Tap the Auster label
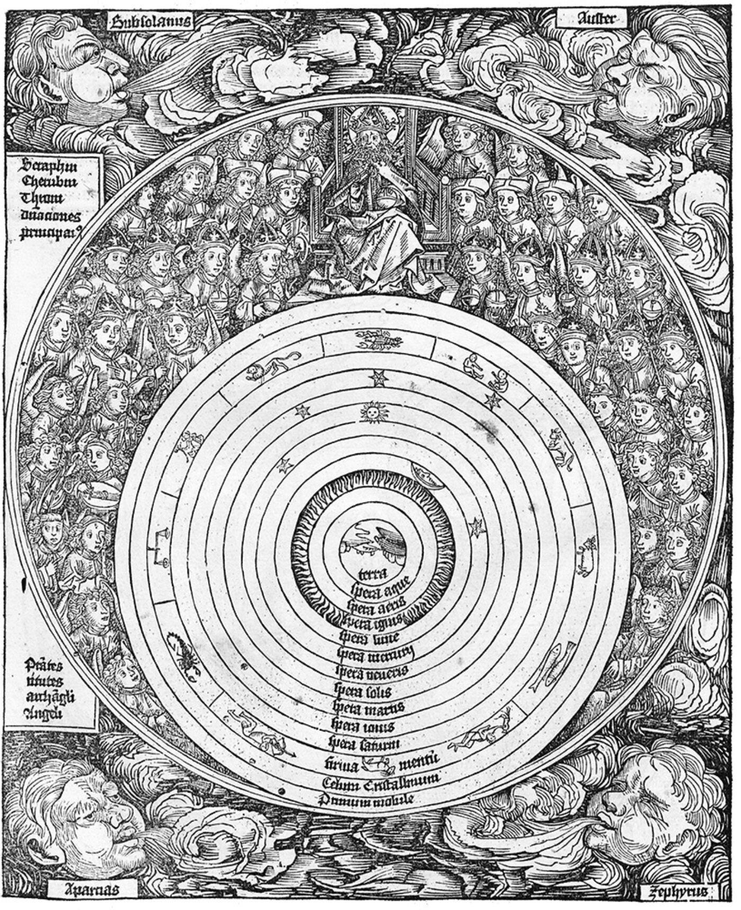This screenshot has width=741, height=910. pyautogui.click(x=592, y=20)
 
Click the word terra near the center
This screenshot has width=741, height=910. pyautogui.click(x=373, y=574)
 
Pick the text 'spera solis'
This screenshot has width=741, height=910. pyautogui.click(x=369, y=691)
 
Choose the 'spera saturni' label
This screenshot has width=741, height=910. pyautogui.click(x=372, y=743)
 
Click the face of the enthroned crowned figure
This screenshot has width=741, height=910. pyautogui.click(x=367, y=140)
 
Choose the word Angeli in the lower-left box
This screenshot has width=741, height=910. pyautogui.click(x=43, y=712)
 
